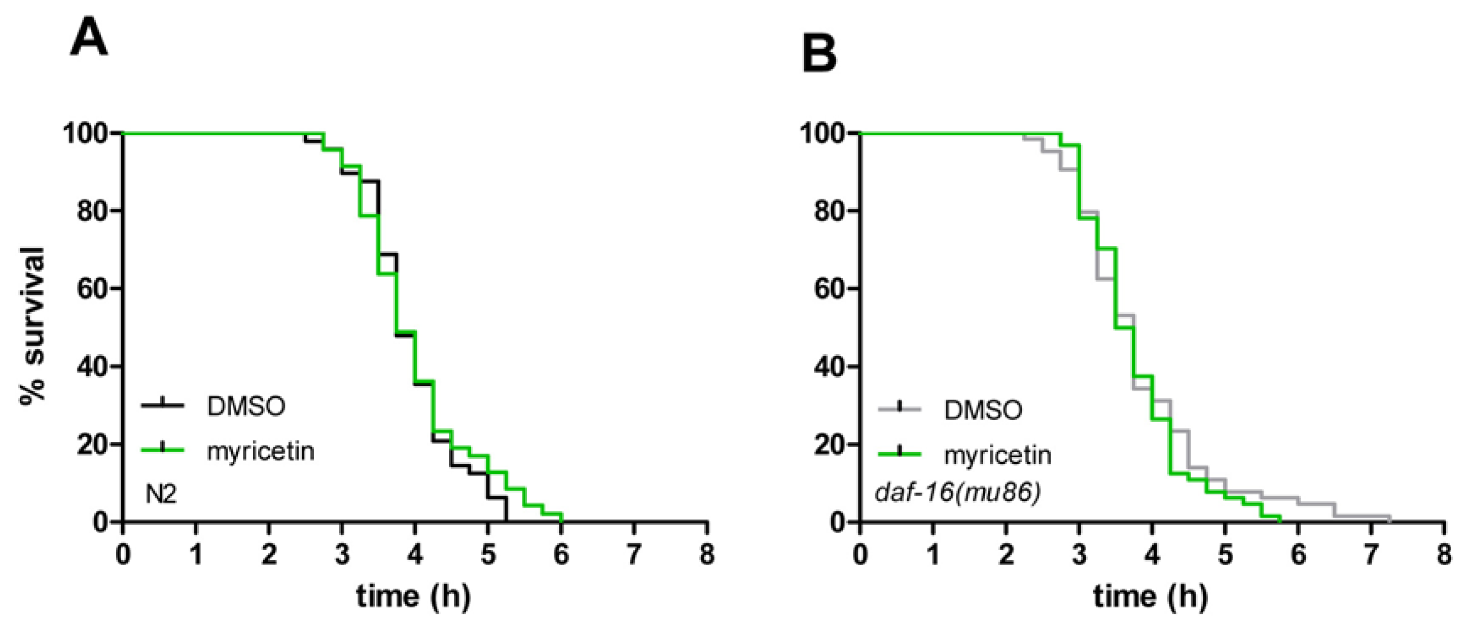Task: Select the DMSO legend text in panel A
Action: click(246, 407)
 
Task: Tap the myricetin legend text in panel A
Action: click(260, 452)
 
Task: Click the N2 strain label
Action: click(161, 494)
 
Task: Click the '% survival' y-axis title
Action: click(32, 326)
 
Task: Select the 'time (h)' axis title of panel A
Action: click(414, 597)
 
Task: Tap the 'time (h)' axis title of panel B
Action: click(1151, 597)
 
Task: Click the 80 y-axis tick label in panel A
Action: click(92, 211)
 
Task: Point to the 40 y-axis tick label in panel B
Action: click(829, 366)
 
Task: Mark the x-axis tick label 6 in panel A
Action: click(561, 553)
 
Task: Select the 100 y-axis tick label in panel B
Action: click(823, 134)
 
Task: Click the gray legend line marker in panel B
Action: click(900, 408)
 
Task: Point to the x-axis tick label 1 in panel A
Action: click(196, 553)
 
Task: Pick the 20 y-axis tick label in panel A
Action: click(92, 444)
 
